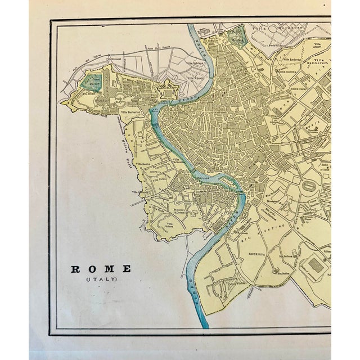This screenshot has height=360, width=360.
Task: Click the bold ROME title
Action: tap(101, 269)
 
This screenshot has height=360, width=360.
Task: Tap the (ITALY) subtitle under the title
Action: tap(101, 280)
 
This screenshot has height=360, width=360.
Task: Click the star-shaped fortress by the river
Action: tap(168, 90)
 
